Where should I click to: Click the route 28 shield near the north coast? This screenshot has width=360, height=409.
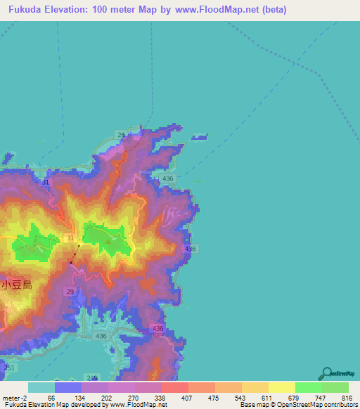pyautogui.click(x=121, y=134)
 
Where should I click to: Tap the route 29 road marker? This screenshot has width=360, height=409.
pyautogui.click(x=70, y=291)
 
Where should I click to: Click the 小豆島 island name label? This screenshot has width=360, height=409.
pyautogui.click(x=17, y=285)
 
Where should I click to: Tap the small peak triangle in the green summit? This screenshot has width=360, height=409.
pyautogui.click(x=108, y=242)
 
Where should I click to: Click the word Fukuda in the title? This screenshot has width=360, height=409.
pyautogui.click(x=26, y=11)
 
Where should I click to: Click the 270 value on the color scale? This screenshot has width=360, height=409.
pyautogui.click(x=133, y=398)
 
